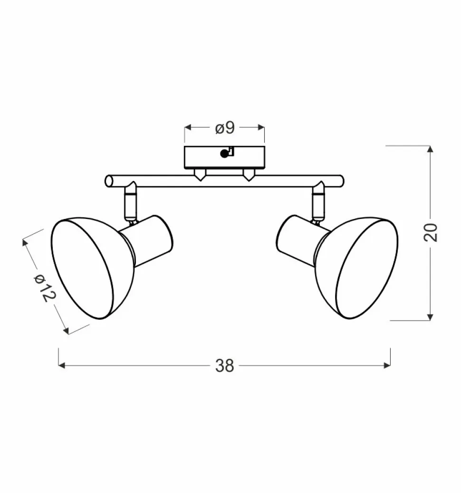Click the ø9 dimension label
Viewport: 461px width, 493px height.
coord(225,128)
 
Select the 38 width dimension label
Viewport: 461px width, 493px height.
coord(225,366)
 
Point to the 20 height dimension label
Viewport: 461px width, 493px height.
coord(431,232)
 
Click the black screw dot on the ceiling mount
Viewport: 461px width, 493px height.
coord(224,154)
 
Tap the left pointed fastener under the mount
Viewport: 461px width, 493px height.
coord(200,175)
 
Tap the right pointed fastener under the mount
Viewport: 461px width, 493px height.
coord(248,175)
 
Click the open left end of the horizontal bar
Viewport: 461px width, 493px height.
coord(109,181)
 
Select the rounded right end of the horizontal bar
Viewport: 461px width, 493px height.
coord(340,181)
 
